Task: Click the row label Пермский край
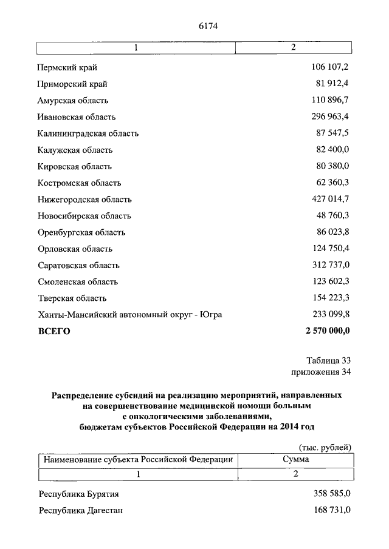[x=67, y=67]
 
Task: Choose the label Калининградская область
[x=88, y=133]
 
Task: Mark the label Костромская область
[x=79, y=183]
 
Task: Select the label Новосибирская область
[x=84, y=216]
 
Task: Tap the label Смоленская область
[x=77, y=281]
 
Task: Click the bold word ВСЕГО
[x=54, y=331]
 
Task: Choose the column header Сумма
[x=295, y=460]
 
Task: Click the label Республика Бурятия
[x=78, y=494]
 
